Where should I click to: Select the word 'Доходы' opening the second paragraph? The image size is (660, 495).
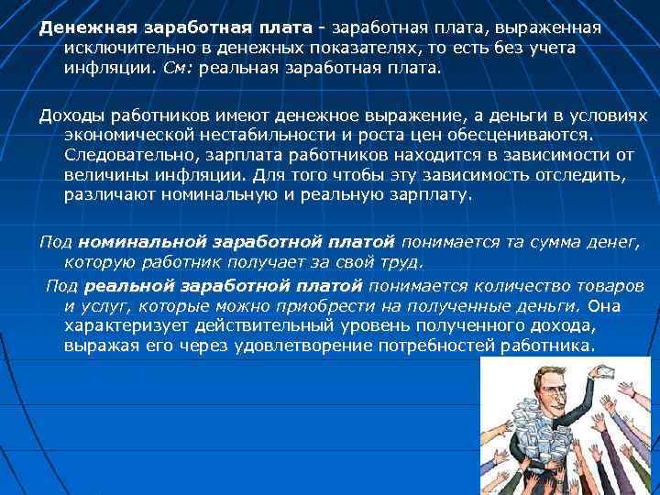(68, 117)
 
